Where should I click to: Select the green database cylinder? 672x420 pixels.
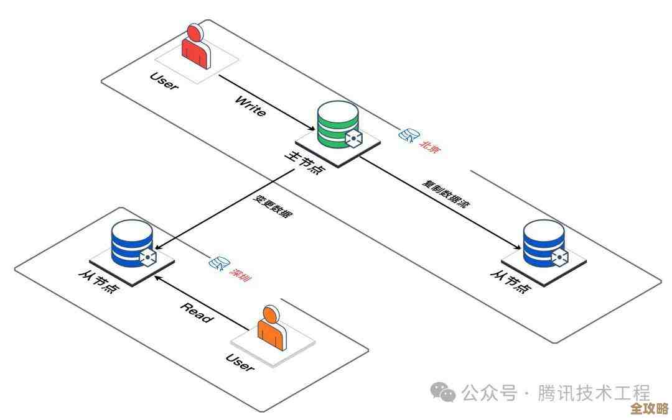pos(337,124)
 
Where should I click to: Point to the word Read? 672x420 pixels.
pos(197,312)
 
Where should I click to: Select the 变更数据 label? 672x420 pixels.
pos(272,206)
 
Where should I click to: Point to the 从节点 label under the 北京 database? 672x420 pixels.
pos(511,283)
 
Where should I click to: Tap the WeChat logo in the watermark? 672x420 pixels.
pos(444,391)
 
